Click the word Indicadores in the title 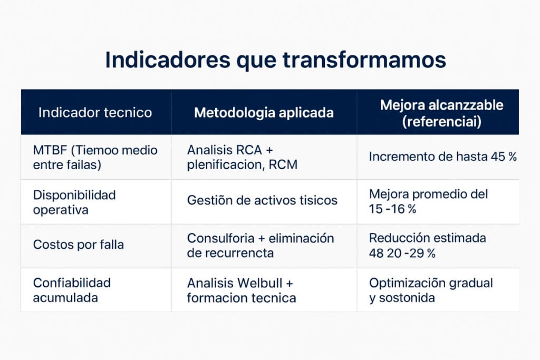[x=167, y=60]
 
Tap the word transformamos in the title [x=364, y=60]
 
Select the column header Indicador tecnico [x=95, y=112]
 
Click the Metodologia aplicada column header [x=264, y=112]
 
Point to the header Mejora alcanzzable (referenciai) [x=441, y=112]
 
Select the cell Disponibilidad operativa [x=74, y=202]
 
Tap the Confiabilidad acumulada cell [x=72, y=290]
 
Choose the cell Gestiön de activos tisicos [x=262, y=200]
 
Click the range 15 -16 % [x=392, y=209]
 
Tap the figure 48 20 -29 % [x=402, y=253]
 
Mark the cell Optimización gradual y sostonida [x=430, y=290]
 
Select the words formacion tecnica [x=241, y=298]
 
